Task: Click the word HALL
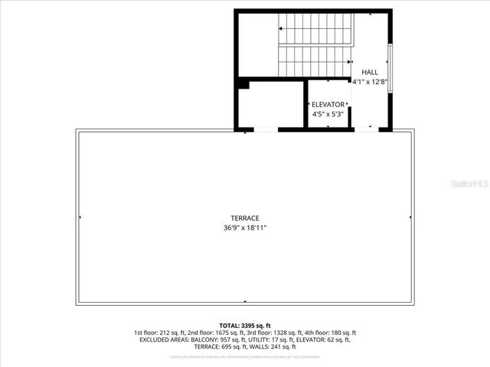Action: click(x=370, y=72)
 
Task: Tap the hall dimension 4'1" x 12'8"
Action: click(x=370, y=81)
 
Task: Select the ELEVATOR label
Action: click(x=328, y=105)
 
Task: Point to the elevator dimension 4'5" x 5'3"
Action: click(x=328, y=114)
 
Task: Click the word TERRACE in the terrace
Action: click(x=244, y=218)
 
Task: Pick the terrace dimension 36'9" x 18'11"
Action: click(x=244, y=227)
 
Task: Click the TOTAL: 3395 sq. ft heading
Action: click(x=244, y=325)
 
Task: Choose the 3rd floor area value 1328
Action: click(x=286, y=333)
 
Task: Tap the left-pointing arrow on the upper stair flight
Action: click(x=282, y=28)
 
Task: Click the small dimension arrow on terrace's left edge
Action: click(x=80, y=217)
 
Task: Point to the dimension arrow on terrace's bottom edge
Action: click(x=244, y=301)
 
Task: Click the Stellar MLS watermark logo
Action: click(x=469, y=184)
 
